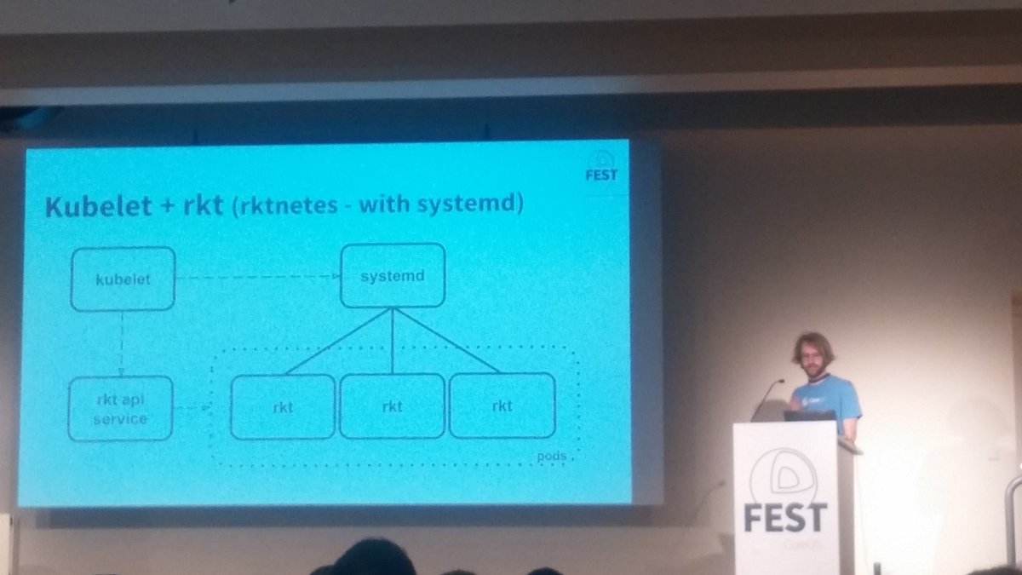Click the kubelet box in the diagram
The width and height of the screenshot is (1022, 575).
pos(123,279)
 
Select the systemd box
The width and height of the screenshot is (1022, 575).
pos(393,275)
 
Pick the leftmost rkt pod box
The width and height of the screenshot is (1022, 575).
pos(283,406)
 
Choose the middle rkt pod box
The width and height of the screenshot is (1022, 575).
pos(392,406)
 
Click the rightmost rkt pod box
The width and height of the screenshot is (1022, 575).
pos(502,405)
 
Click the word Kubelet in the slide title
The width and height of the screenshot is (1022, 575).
pos(90,208)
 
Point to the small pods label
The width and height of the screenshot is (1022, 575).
pos(552,457)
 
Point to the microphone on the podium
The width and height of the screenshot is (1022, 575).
pos(766,399)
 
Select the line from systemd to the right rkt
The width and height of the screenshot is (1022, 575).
pos(446,341)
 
